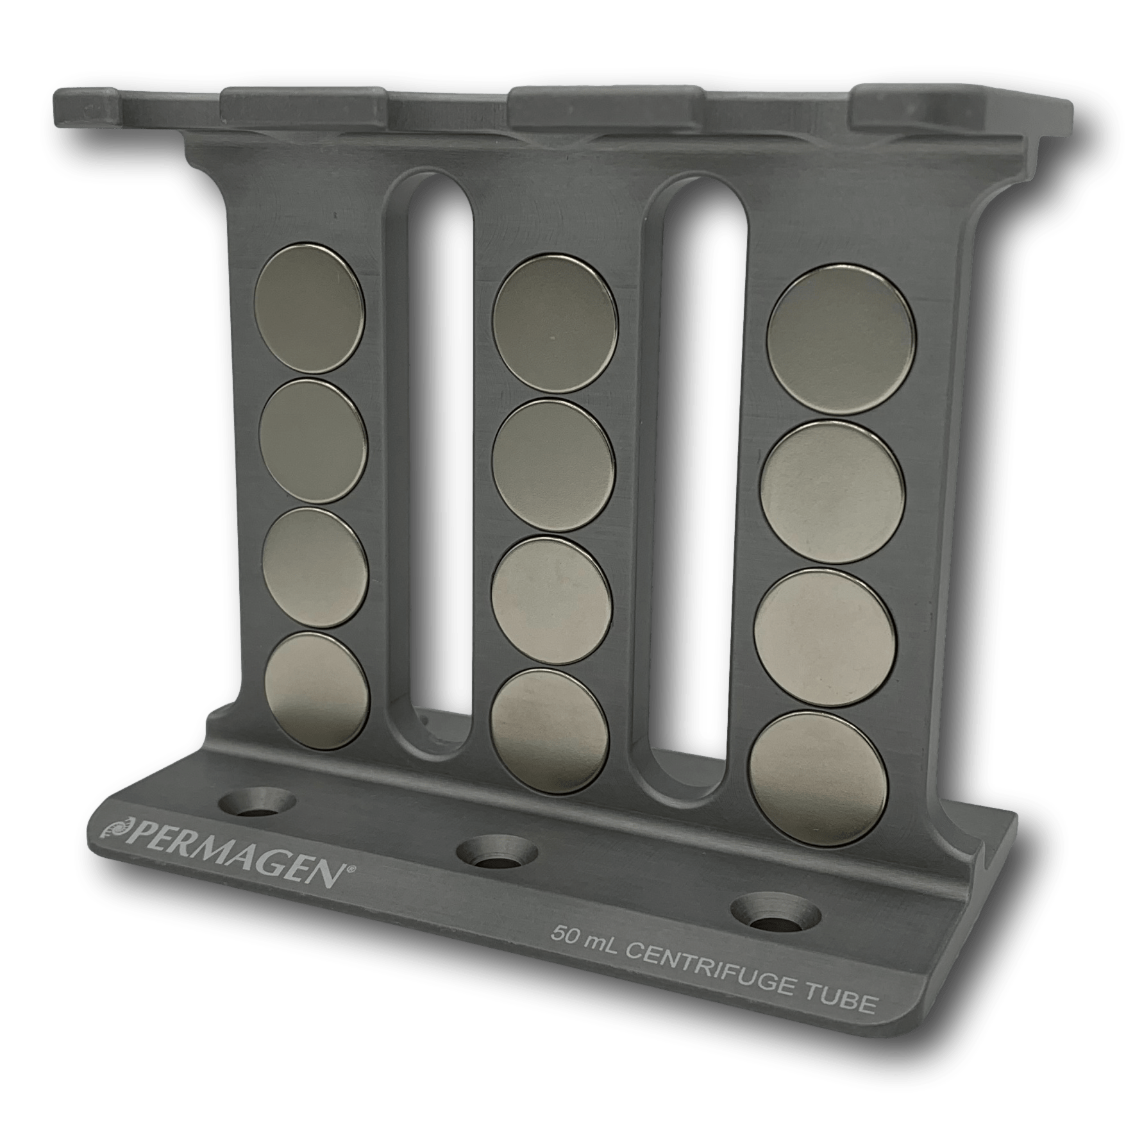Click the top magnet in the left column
310,308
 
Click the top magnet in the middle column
555,323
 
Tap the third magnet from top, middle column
551,597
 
